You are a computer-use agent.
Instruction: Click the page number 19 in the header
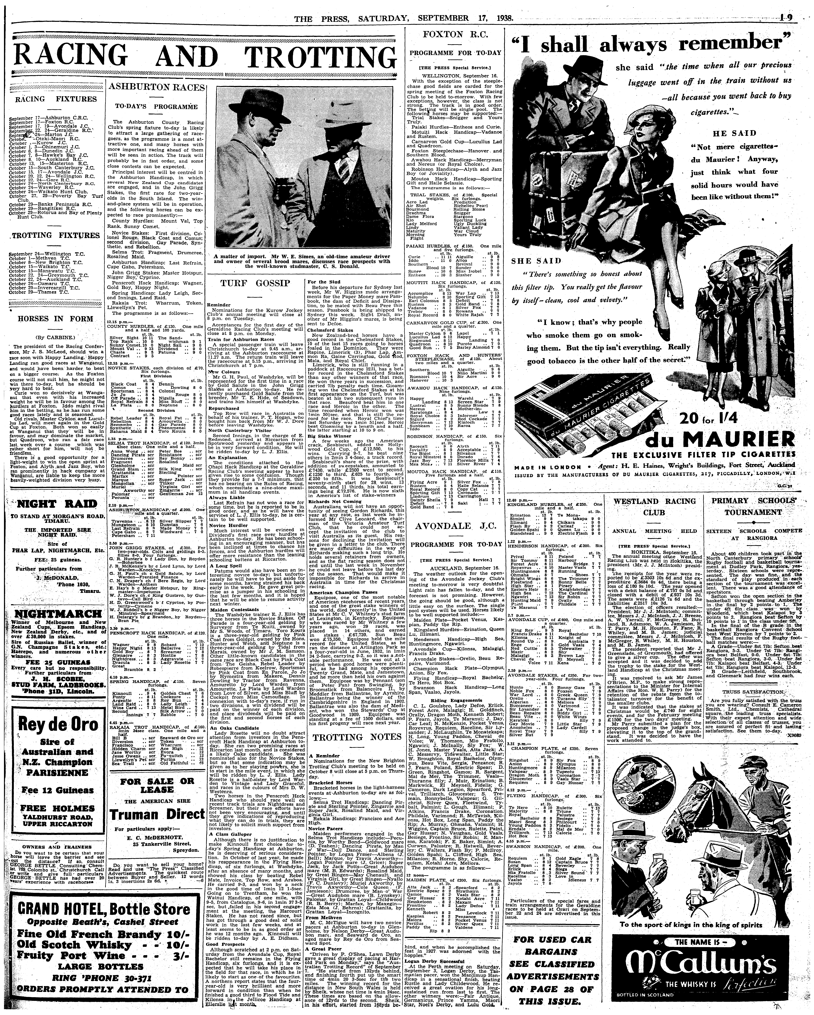tap(786, 17)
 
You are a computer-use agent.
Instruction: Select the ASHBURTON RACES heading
tap(156, 88)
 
